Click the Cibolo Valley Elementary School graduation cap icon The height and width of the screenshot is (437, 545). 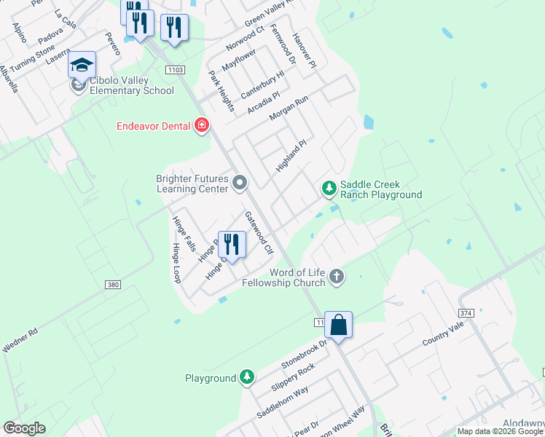82,64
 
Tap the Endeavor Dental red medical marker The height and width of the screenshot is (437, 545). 202,126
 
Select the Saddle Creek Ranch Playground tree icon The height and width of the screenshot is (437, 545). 329,189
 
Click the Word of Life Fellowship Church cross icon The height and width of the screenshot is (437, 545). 336,276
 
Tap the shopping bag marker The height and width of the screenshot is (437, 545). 339,324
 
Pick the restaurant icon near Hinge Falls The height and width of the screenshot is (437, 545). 232,244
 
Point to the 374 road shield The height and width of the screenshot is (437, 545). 466,312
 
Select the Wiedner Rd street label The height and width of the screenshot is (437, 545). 20,341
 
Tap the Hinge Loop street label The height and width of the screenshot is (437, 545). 176,263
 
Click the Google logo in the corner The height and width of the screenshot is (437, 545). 24,428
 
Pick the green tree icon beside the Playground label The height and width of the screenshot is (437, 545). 248,377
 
